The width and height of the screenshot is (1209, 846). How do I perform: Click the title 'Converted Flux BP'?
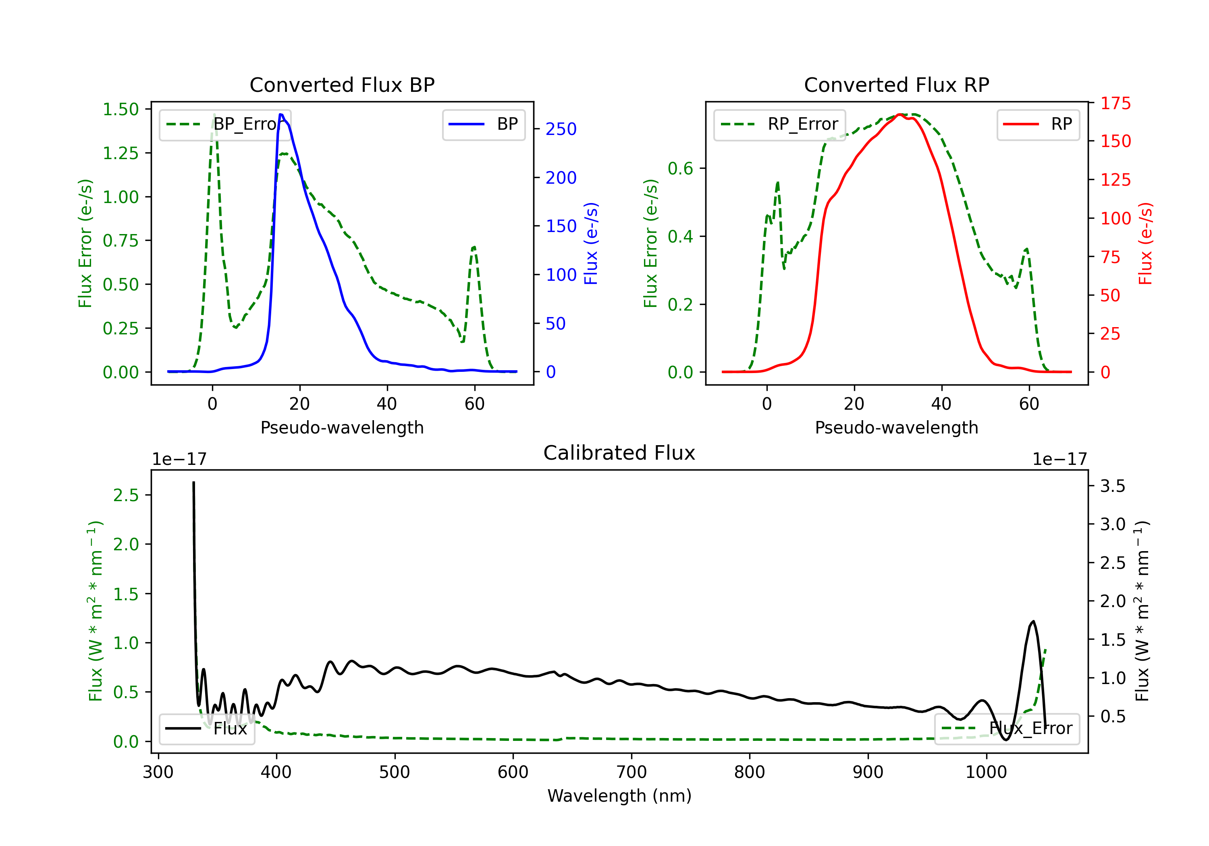342,85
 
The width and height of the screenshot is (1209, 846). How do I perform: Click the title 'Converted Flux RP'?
896,85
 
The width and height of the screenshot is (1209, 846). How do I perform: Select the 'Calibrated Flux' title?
619,453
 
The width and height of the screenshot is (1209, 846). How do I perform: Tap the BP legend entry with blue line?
483,124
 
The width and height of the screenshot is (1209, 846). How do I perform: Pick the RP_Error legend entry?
779,124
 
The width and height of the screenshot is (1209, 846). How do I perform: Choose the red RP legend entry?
1038,124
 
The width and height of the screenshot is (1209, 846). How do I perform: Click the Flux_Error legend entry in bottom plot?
1007,729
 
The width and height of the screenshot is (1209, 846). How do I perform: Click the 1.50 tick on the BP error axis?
120,110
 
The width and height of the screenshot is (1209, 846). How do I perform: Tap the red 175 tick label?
1115,103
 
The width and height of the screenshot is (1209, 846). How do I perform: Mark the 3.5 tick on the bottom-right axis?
1112,486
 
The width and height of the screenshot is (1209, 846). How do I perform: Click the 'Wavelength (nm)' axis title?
619,796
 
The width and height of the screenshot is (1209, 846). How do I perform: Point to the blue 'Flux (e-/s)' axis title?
591,243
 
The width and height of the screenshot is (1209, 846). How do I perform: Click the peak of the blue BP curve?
281,114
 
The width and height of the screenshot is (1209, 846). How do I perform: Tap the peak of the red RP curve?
900,114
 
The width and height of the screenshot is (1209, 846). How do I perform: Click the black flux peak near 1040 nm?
1032,622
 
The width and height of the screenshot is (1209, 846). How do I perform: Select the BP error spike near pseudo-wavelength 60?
474,247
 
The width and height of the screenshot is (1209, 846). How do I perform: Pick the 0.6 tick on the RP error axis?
680,168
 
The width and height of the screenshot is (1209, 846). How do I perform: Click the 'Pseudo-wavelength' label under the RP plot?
896,427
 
